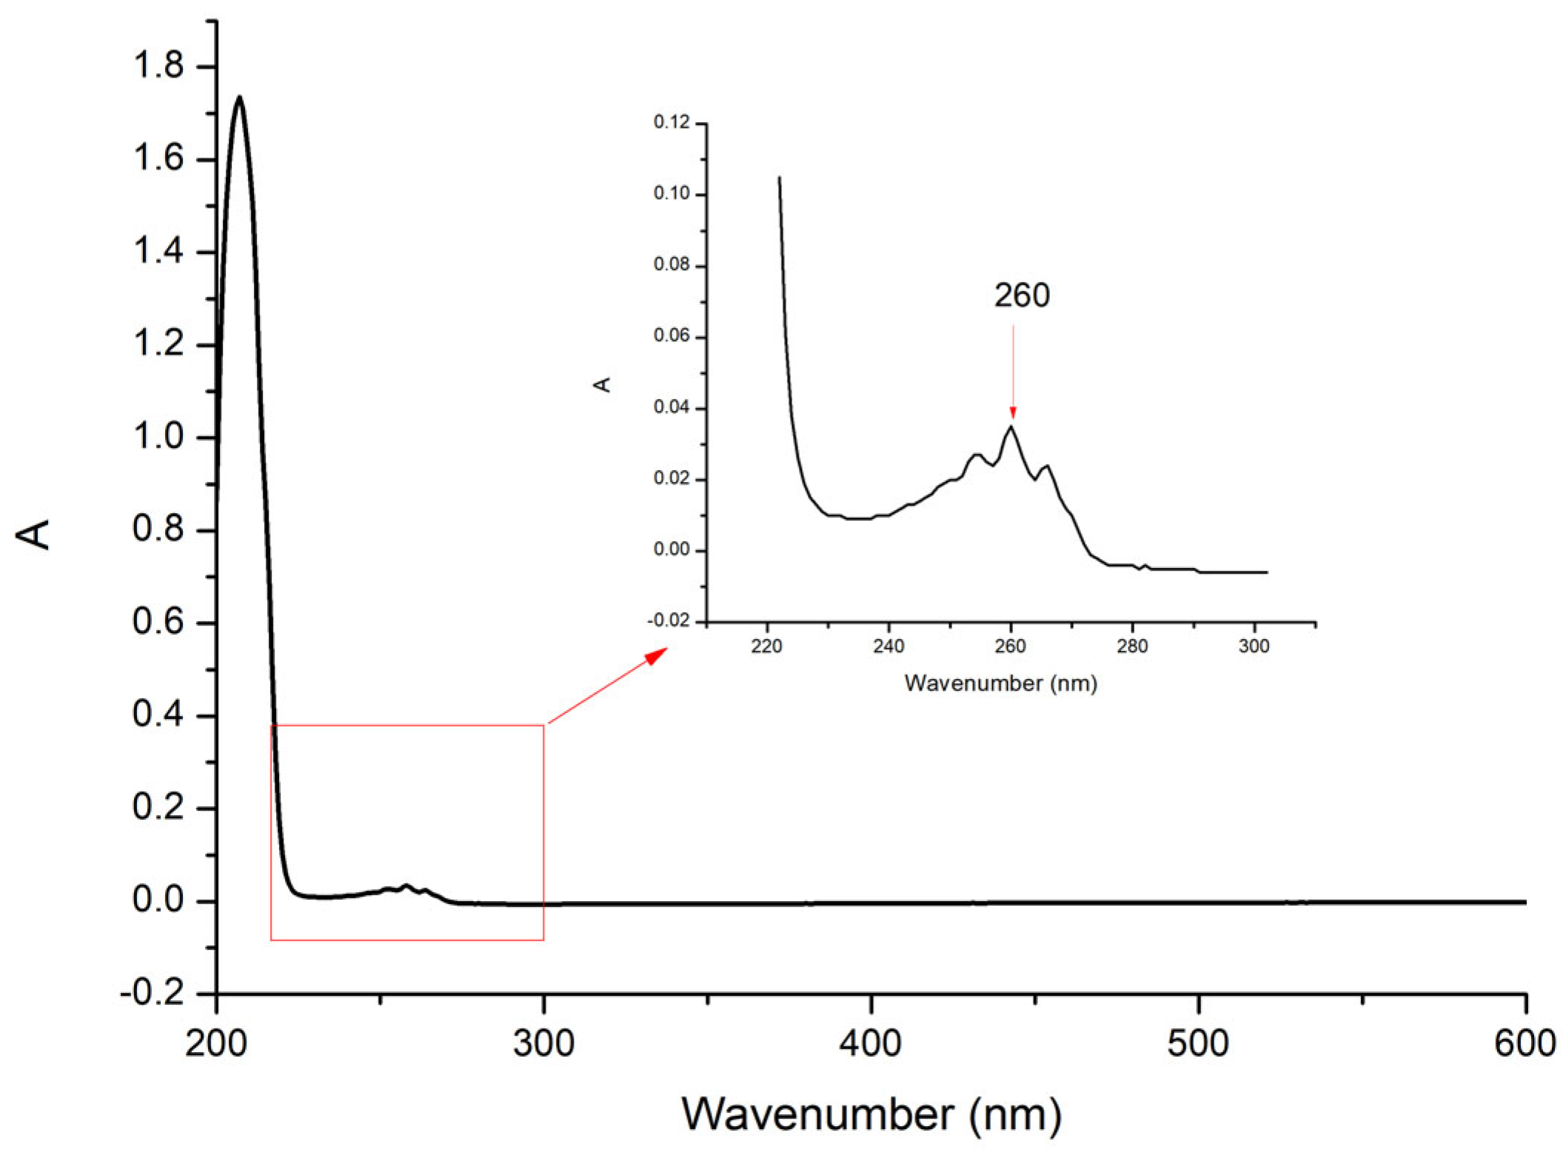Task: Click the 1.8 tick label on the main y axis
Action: click(x=158, y=66)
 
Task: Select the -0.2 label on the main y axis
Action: click(x=152, y=992)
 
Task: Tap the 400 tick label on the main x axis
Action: click(x=870, y=1044)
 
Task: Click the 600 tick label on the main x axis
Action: click(x=1524, y=1044)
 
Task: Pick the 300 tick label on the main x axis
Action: click(x=543, y=1044)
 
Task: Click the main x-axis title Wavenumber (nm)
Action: click(x=871, y=1114)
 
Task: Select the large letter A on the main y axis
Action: click(x=34, y=534)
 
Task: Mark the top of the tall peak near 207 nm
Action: click(x=239, y=97)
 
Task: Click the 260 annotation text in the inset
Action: click(x=1021, y=295)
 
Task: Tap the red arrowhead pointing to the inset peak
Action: click(x=1013, y=413)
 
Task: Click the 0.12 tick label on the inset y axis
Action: click(x=671, y=122)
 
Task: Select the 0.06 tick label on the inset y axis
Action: click(x=671, y=336)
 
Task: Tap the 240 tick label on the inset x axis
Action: click(x=888, y=646)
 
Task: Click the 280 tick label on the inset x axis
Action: click(x=1131, y=646)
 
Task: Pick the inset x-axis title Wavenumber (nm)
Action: click(x=1000, y=683)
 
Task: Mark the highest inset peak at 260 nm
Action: click(x=1011, y=426)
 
